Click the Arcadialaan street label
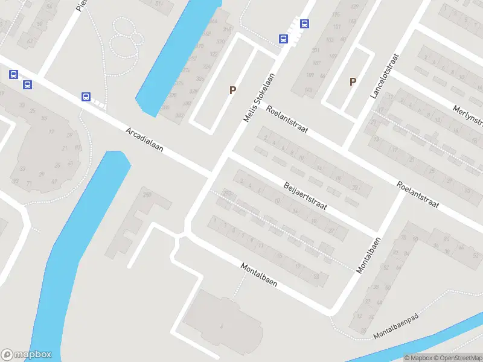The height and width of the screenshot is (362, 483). pyautogui.click(x=145, y=139)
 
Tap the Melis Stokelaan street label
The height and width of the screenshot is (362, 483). pyautogui.click(x=259, y=98)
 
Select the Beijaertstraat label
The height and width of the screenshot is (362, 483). pyautogui.click(x=305, y=194)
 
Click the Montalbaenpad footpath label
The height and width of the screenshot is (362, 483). pyautogui.click(x=396, y=326)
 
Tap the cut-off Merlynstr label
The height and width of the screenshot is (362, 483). pyautogui.click(x=469, y=115)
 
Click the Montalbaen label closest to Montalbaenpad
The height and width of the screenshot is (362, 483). pyautogui.click(x=368, y=255)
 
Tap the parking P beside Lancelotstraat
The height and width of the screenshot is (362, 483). pyautogui.click(x=353, y=81)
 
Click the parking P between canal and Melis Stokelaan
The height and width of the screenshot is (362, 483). pyautogui.click(x=232, y=90)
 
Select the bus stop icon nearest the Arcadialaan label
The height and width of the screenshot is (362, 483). pyautogui.click(x=86, y=97)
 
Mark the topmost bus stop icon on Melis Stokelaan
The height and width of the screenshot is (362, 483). pyautogui.click(x=305, y=24)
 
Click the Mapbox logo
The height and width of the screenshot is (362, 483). pyautogui.click(x=27, y=355)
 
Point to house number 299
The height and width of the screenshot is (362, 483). pyautogui.click(x=146, y=195)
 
